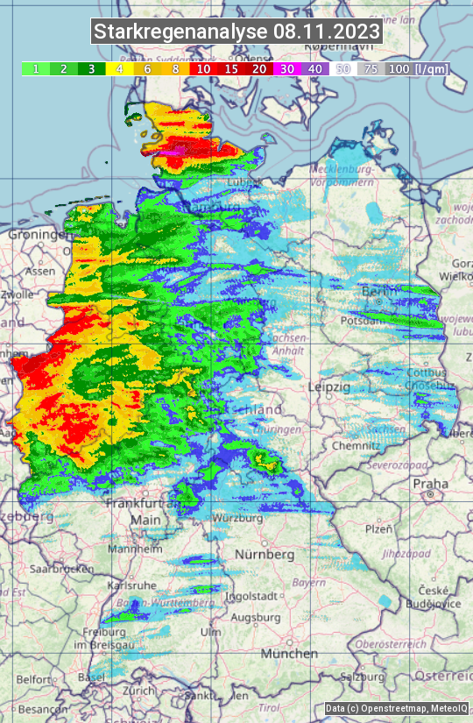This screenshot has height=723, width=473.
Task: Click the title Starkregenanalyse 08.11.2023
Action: click(x=236, y=32)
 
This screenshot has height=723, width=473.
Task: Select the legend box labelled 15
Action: click(x=231, y=68)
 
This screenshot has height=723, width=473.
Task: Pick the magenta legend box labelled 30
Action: click(x=286, y=68)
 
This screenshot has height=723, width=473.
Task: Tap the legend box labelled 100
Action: click(x=399, y=68)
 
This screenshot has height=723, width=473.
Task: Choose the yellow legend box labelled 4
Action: click(x=119, y=68)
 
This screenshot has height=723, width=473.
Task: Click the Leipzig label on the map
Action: click(x=329, y=386)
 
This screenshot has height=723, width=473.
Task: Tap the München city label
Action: click(x=289, y=654)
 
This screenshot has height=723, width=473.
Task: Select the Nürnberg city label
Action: click(x=265, y=555)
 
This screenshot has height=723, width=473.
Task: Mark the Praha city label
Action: click(x=430, y=483)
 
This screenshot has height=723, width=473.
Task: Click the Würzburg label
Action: click(x=237, y=518)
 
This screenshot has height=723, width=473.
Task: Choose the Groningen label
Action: click(x=37, y=235)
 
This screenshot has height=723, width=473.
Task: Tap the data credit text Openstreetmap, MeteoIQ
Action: click(x=397, y=708)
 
